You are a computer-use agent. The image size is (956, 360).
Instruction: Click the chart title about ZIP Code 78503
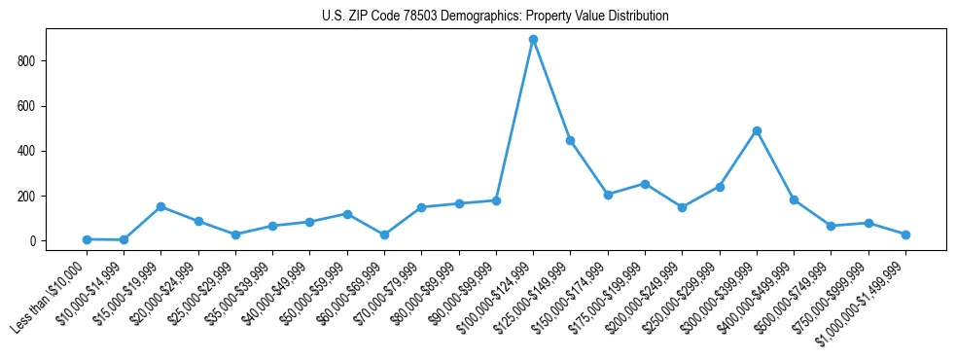pyautogui.click(x=495, y=17)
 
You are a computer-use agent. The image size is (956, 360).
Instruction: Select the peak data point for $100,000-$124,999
pyautogui.click(x=533, y=40)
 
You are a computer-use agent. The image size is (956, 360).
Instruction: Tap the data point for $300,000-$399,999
pyautogui.click(x=757, y=130)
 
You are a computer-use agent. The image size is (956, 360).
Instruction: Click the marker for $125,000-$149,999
pyautogui.click(x=571, y=140)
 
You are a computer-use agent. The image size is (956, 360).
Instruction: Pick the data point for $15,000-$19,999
pyautogui.click(x=161, y=206)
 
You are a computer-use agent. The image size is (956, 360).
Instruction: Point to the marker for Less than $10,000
pyautogui.click(x=87, y=239)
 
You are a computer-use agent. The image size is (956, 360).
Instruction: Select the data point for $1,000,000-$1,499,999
pyautogui.click(x=905, y=234)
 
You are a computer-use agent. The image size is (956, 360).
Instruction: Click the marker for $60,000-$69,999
pyautogui.click(x=384, y=234)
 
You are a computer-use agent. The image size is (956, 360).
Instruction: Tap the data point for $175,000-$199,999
pyautogui.click(x=645, y=184)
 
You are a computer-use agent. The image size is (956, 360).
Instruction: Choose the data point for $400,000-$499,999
pyautogui.click(x=794, y=199)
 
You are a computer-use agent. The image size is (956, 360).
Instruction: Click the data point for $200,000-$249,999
pyautogui.click(x=682, y=207)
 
